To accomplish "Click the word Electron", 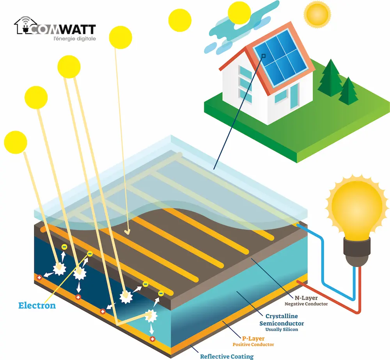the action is [x=37, y=305].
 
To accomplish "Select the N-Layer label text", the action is [x=306, y=298].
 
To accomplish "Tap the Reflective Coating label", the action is [x=227, y=356].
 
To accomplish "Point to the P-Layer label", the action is [x=253, y=339].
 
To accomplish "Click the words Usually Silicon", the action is [x=282, y=330].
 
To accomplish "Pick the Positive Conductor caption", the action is [x=253, y=344].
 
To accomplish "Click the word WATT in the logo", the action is [x=78, y=29].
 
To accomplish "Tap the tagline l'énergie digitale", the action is [x=75, y=39].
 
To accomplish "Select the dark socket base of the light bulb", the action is [x=357, y=252].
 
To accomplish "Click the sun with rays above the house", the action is [x=317, y=14].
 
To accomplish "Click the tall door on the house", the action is [x=294, y=97].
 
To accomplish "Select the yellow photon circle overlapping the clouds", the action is [x=239, y=13].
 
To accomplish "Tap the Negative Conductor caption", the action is [x=306, y=304].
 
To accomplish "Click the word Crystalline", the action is [x=282, y=316].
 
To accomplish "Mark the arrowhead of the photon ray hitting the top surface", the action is [x=128, y=232].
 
